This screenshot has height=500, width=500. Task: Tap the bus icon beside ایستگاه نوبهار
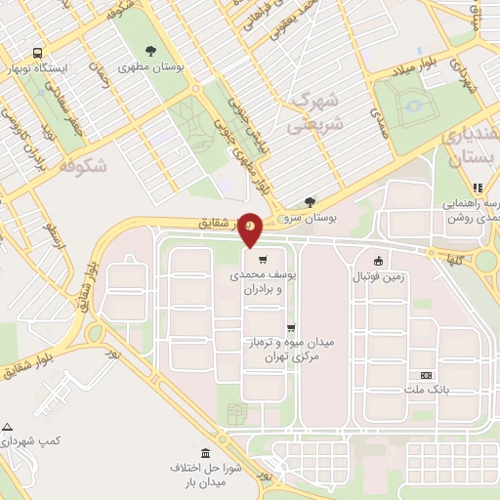coord(37,53)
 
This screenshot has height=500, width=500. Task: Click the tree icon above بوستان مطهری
coord(150,51)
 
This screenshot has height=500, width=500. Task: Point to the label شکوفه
coord(82,167)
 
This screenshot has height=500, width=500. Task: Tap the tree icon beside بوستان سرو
coord(311,202)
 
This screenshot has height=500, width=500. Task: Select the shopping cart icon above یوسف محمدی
coord(263,260)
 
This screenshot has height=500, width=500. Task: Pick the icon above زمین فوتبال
coord(378,260)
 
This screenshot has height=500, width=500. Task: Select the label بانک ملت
coord(426,391)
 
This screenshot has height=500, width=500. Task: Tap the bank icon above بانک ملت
coord(426,375)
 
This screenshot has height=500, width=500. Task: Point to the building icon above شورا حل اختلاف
coord(205,453)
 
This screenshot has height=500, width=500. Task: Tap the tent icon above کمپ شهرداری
coord(8,428)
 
